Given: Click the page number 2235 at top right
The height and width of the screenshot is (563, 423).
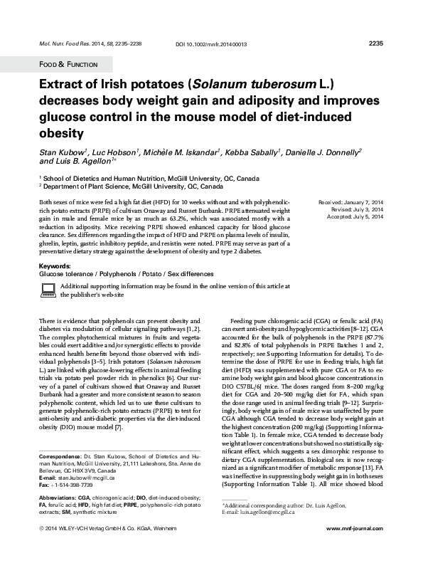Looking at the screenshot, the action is (376, 43).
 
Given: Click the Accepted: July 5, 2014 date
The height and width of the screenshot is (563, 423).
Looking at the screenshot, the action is (353, 216).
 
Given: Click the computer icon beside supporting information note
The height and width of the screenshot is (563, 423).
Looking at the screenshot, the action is (48, 289).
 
